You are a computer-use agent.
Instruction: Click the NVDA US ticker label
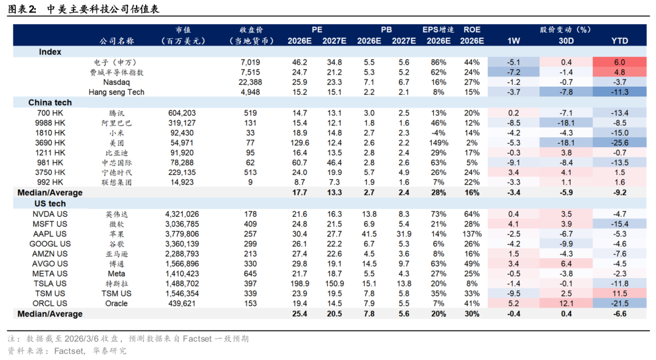[x=50, y=214]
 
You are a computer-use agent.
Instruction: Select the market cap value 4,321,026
[x=182, y=214]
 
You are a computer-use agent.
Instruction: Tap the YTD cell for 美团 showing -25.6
[x=620, y=143]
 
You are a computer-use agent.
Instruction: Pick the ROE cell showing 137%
[x=471, y=234]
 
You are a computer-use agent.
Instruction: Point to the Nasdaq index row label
[x=115, y=82]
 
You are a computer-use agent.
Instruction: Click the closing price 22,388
[x=250, y=82]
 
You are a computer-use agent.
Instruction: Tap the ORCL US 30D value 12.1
[x=566, y=304]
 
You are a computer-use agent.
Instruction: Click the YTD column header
[x=620, y=41]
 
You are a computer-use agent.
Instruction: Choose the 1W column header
[x=513, y=41]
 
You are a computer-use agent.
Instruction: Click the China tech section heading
[x=50, y=103]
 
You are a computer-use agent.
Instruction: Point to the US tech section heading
[x=50, y=204]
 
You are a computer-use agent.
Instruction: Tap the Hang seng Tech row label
[x=115, y=92]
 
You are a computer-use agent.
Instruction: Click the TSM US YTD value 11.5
[x=620, y=293]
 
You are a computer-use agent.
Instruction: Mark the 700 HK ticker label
[x=50, y=113]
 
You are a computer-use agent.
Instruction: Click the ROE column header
[x=471, y=29]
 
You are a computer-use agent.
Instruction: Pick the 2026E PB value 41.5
[x=369, y=234]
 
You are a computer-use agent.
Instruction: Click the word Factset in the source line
[x=69, y=350]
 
